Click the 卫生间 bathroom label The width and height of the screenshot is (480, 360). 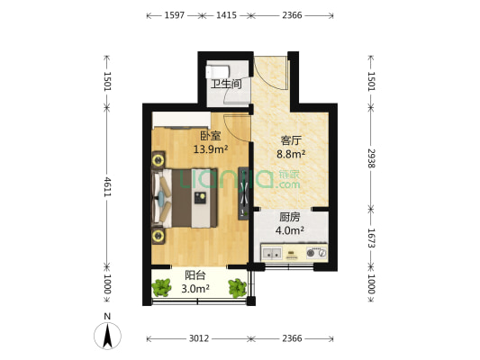226,84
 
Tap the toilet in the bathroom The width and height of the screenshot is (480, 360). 217,72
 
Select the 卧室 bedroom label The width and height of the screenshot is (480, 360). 211,136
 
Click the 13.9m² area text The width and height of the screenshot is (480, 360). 211,149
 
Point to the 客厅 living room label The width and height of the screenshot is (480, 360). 291,140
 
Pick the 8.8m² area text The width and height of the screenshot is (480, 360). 291,154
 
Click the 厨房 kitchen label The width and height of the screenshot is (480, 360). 290,217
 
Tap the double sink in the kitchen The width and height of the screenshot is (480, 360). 272,253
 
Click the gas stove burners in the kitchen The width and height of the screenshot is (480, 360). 316,253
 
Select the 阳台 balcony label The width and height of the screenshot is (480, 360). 195,275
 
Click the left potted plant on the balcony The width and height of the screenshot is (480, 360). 161,287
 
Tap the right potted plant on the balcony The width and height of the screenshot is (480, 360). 238,288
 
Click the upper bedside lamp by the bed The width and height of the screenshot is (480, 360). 158,160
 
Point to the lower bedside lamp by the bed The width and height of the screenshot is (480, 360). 158,236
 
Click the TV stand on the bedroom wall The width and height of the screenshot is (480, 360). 243,193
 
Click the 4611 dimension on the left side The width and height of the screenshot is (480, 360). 107,186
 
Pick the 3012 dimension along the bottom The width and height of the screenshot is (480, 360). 199,338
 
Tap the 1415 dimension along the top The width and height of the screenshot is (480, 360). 227,15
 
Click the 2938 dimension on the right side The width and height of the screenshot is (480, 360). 371,158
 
